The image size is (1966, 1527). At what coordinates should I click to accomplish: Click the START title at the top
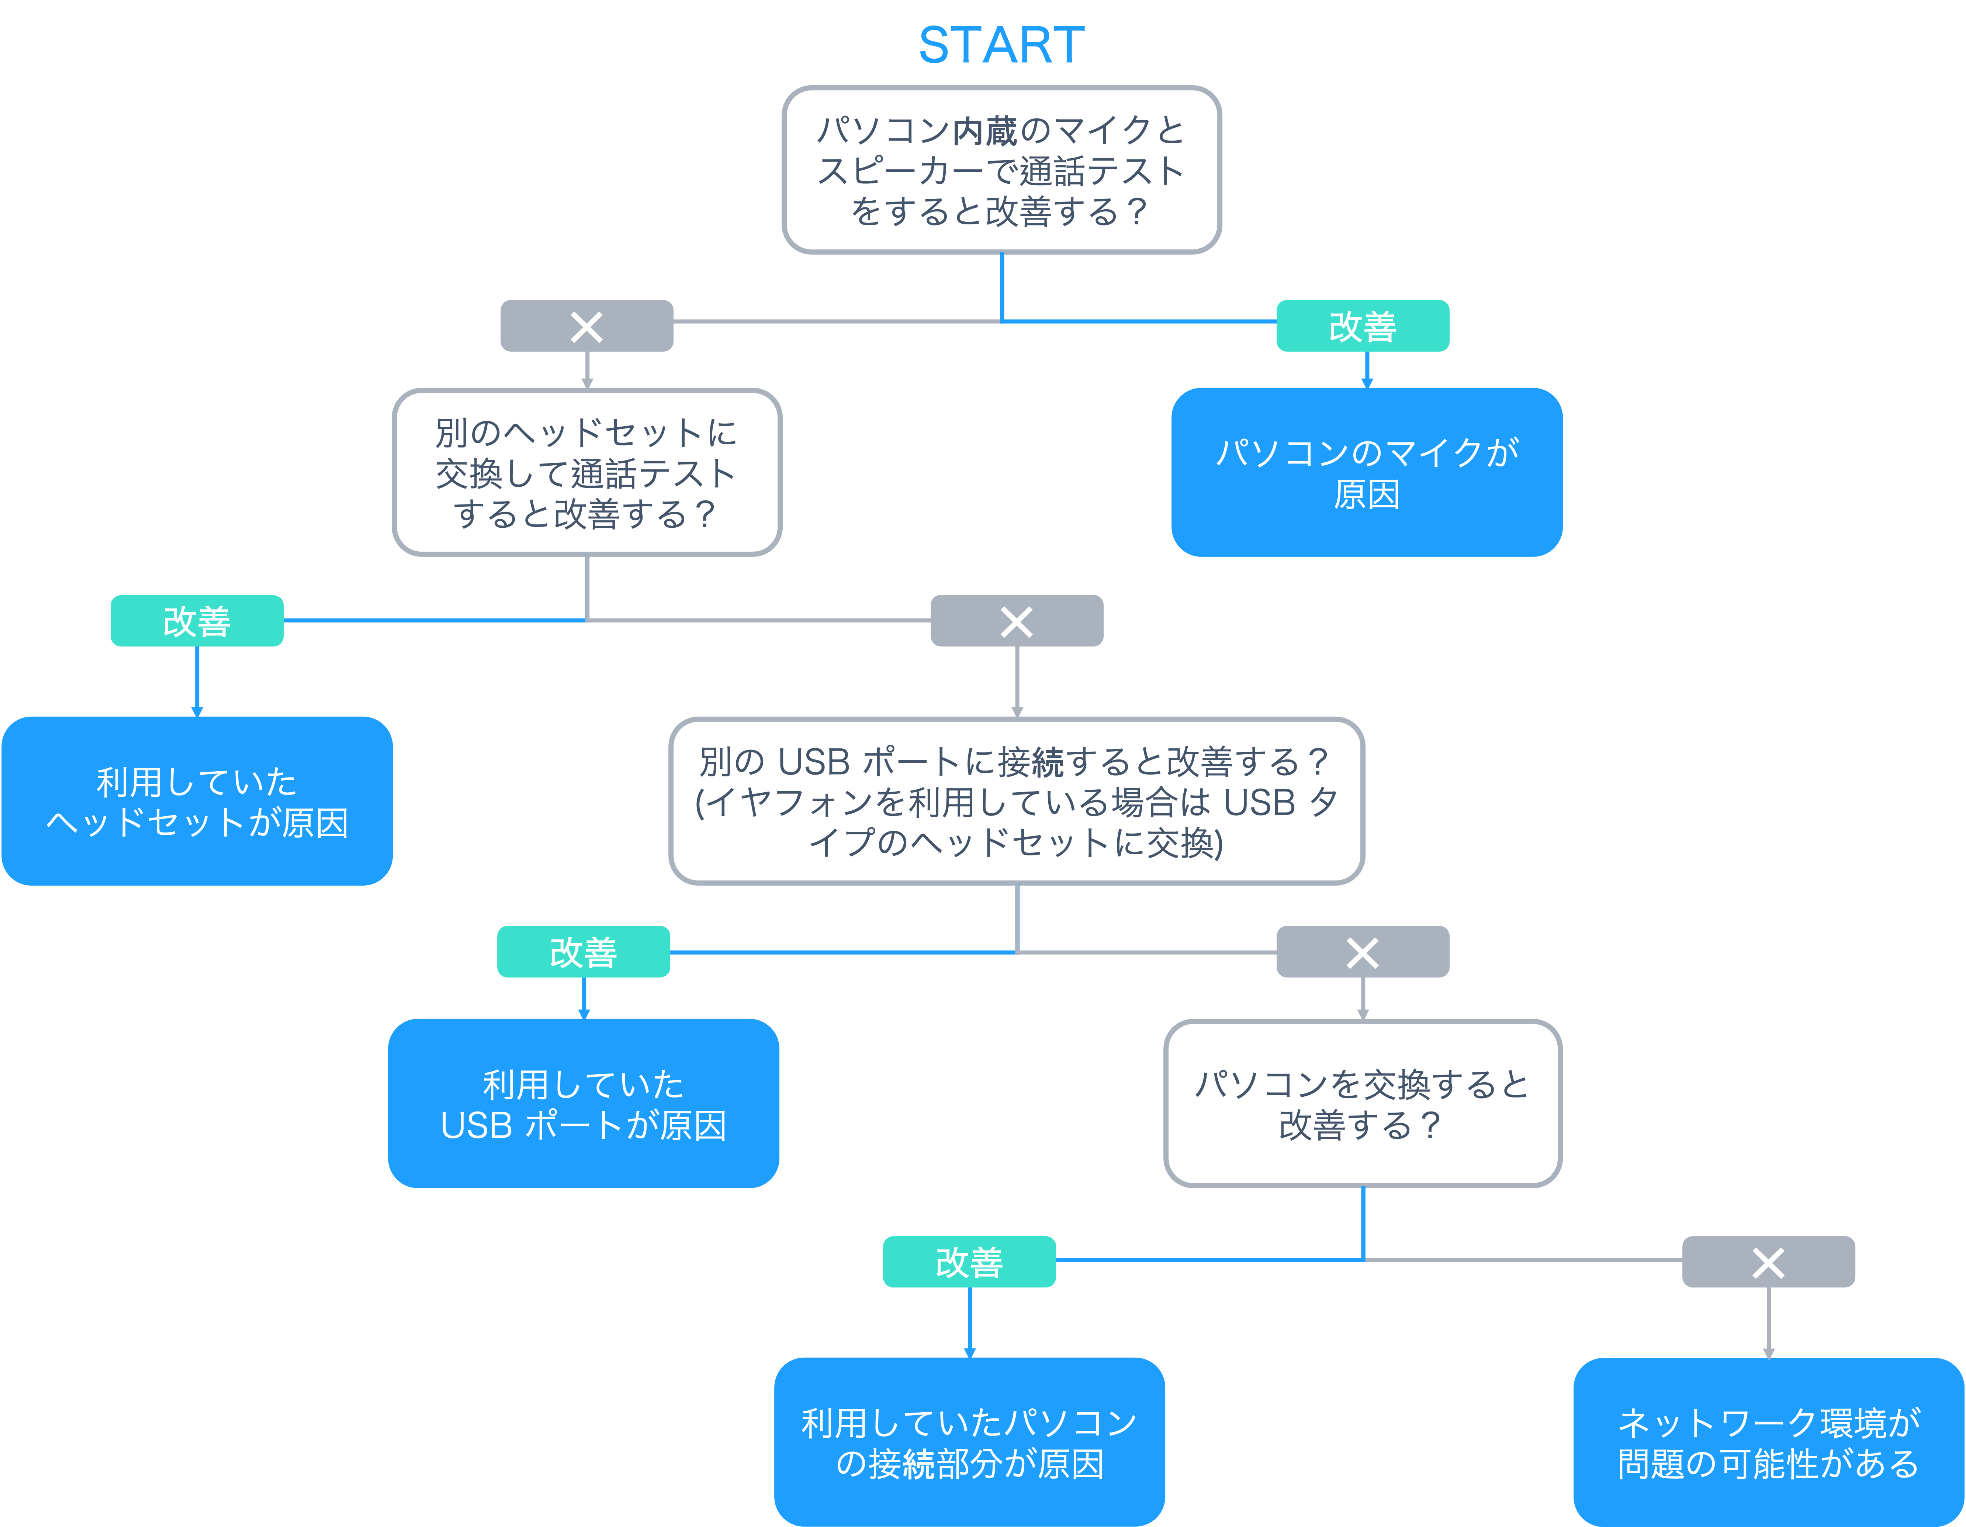click(1001, 45)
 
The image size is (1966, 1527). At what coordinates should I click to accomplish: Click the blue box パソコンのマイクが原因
click(1367, 473)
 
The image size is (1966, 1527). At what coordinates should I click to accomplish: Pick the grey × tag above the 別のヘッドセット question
click(587, 326)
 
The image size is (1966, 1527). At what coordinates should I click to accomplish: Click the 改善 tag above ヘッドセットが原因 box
click(197, 620)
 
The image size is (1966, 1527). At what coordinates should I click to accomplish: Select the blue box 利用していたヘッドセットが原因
click(197, 801)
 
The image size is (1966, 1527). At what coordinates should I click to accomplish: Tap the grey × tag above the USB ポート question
click(1016, 620)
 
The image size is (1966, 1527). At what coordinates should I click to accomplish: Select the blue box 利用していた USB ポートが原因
click(583, 1104)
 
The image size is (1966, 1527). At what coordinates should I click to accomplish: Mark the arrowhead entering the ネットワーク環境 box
click(1769, 1352)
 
